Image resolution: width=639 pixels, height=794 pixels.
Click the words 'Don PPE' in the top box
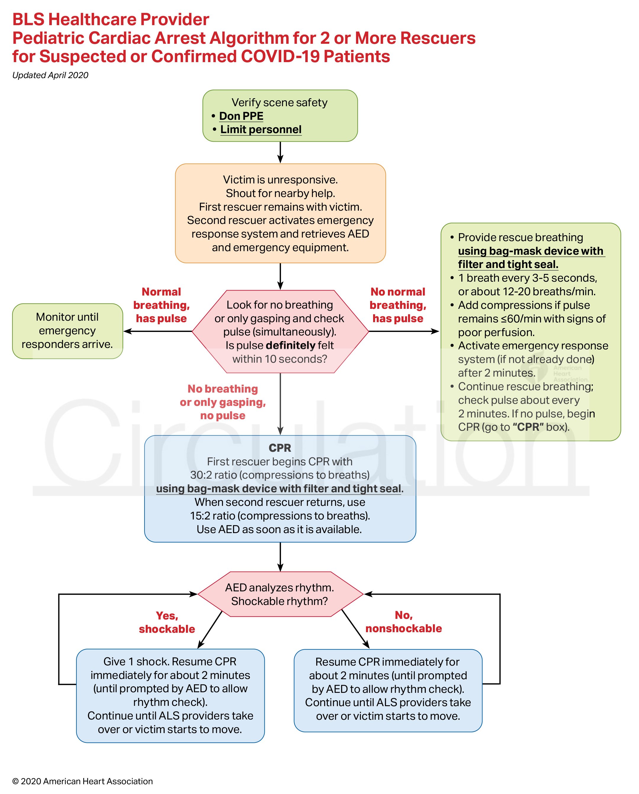click(241, 116)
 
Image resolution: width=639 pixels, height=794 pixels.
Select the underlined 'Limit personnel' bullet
click(261, 130)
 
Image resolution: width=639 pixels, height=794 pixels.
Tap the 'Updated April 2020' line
click(51, 75)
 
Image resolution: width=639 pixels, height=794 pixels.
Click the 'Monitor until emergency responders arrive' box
click(68, 331)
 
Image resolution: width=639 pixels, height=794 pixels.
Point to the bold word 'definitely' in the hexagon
click(290, 346)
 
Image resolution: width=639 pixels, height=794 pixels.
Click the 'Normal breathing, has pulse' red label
click(161, 305)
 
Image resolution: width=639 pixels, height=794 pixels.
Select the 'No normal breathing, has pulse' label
click(398, 305)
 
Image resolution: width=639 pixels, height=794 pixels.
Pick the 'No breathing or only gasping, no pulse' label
click(223, 402)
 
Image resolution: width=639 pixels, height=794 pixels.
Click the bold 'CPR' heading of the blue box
click(280, 448)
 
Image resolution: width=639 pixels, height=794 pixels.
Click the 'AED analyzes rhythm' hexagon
click(280, 594)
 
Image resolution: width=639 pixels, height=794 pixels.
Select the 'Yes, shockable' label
click(167, 622)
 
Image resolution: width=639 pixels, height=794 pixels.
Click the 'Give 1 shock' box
click(170, 695)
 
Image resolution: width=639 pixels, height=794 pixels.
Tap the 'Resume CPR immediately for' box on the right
click(388, 689)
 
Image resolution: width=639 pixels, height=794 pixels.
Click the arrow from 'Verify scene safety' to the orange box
click(280, 152)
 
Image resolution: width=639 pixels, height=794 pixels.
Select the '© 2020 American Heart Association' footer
click(83, 781)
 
